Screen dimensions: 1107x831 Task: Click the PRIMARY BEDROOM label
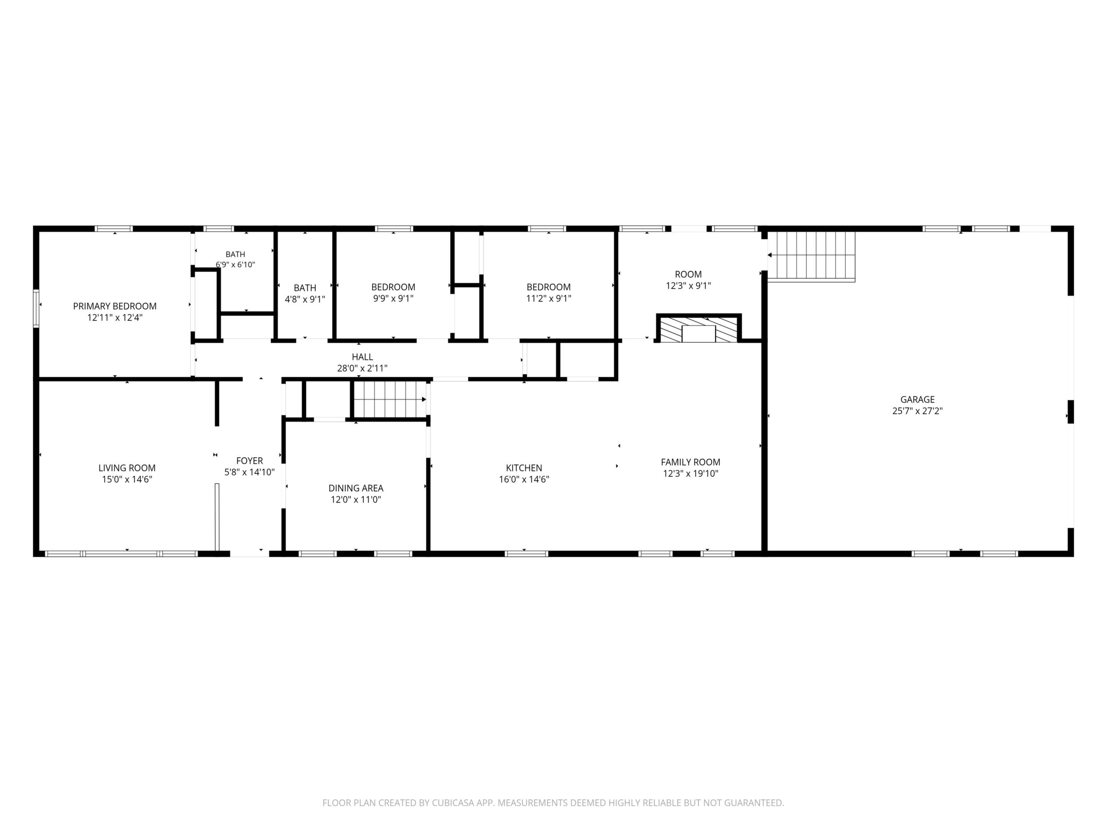pyautogui.click(x=114, y=306)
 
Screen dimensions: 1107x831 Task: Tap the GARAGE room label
pyautogui.click(x=917, y=400)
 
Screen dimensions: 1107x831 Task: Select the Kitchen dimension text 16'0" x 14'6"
pyautogui.click(x=524, y=479)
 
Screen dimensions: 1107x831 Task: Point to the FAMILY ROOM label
pyautogui.click(x=691, y=463)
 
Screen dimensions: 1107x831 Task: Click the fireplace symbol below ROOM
pyautogui.click(x=699, y=328)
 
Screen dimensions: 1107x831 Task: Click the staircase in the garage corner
pyautogui.click(x=812, y=256)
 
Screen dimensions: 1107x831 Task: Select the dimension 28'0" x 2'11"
pyautogui.click(x=362, y=368)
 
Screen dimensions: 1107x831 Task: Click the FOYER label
pyautogui.click(x=250, y=461)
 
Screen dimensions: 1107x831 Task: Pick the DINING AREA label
pyautogui.click(x=356, y=488)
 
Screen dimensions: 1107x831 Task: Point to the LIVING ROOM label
pyautogui.click(x=127, y=468)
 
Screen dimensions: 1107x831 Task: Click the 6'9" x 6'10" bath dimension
pyautogui.click(x=235, y=265)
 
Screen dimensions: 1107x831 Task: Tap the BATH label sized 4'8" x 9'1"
pyautogui.click(x=305, y=288)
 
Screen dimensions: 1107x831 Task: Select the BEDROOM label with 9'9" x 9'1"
pyautogui.click(x=393, y=288)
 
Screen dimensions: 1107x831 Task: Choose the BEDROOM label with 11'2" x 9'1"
pyautogui.click(x=549, y=288)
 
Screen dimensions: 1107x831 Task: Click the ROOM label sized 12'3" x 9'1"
pyautogui.click(x=688, y=274)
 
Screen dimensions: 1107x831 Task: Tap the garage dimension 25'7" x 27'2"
pyautogui.click(x=917, y=411)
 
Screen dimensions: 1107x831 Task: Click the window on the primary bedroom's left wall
pyautogui.click(x=36, y=308)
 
